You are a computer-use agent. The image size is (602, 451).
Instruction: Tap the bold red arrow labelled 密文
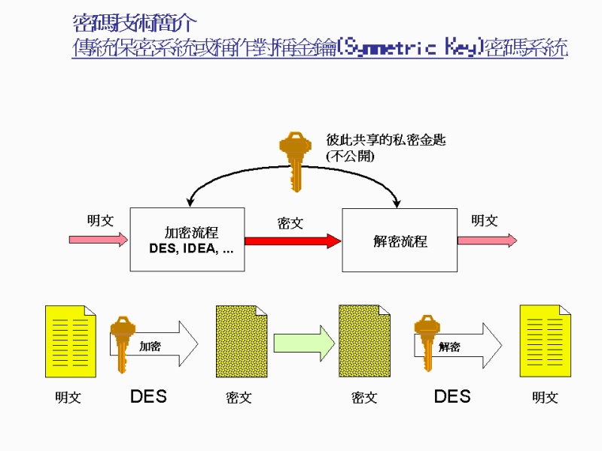[293, 241]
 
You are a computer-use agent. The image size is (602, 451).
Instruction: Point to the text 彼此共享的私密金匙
[385, 141]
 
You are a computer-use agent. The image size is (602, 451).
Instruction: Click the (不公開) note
[350, 156]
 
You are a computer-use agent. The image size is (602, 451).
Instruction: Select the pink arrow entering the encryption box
[99, 240]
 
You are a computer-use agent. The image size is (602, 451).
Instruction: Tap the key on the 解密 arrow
[426, 342]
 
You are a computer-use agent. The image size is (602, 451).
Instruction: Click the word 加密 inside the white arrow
[150, 347]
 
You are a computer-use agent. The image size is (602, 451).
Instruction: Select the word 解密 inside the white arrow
[450, 347]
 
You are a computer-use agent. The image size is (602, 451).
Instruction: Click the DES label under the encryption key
[148, 396]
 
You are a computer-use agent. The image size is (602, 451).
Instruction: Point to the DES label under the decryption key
[451, 396]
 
